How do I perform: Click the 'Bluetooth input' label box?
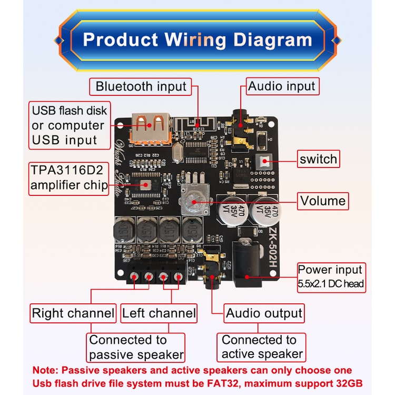point(141,86)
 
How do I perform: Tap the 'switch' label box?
point(318,159)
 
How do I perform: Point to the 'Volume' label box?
point(323,201)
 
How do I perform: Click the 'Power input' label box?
point(331,277)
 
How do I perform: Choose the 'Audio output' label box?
point(264,313)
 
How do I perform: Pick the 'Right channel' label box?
point(73,313)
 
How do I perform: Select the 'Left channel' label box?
point(159,313)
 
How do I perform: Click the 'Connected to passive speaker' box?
point(136,347)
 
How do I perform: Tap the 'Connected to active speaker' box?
point(262,347)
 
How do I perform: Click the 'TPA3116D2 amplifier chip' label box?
point(69,177)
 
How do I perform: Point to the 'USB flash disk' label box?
point(69,125)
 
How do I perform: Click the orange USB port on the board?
point(150,127)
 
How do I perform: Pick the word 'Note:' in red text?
point(46,370)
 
